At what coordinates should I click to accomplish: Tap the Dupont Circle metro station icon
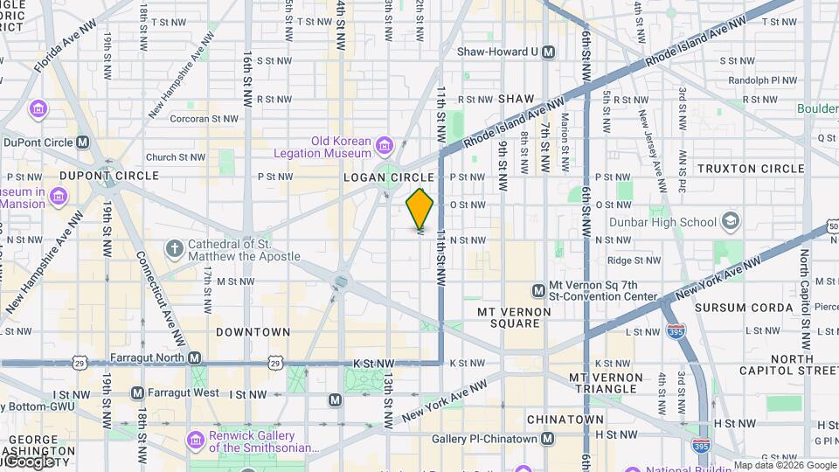pyautogui.click(x=83, y=142)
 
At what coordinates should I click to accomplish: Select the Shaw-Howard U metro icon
pyautogui.click(x=548, y=52)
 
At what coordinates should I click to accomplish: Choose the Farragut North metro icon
pyautogui.click(x=194, y=358)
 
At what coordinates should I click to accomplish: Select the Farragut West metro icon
pyautogui.click(x=137, y=393)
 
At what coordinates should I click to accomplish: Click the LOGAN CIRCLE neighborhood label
pyautogui.click(x=389, y=177)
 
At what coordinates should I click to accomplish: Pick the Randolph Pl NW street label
pyautogui.click(x=753, y=80)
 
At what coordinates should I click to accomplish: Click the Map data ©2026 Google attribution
pyautogui.click(x=785, y=465)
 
